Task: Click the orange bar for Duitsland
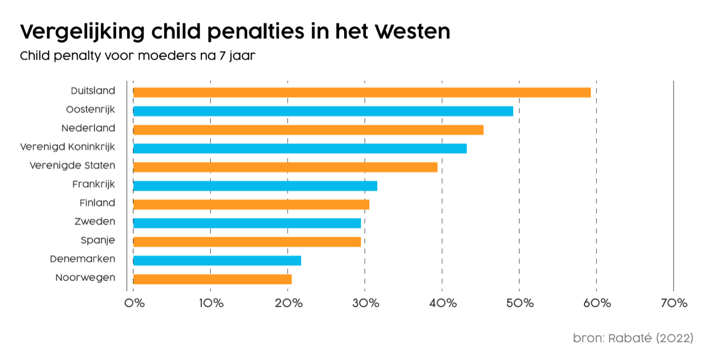[361, 93]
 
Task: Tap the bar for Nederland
[308, 130]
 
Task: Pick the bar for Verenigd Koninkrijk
[300, 148]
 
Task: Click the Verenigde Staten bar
[285, 167]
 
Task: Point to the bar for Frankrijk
[255, 186]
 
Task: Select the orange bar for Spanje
[247, 242]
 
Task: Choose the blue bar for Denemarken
[217, 260]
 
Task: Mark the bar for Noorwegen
[212, 279]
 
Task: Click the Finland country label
[97, 203]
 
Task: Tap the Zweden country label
[95, 222]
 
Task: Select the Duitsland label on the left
[93, 90]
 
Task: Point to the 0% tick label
[134, 303]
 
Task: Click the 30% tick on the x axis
[365, 303]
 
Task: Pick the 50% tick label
[519, 303]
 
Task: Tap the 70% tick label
[674, 303]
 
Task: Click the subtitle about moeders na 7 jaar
[138, 56]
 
